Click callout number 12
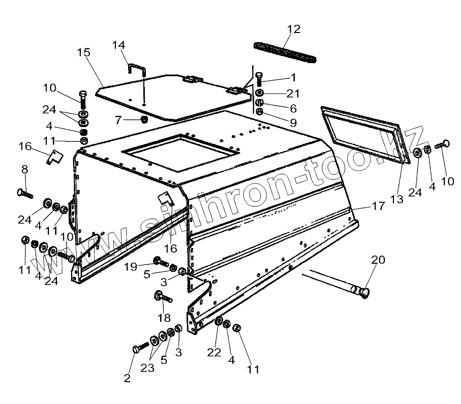(294, 29)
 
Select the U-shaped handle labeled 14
(137, 70)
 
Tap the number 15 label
(84, 52)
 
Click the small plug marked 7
(144, 120)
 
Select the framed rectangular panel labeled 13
(365, 134)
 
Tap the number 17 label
(379, 207)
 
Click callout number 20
(378, 260)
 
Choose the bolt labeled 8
(24, 193)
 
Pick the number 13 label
(397, 199)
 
